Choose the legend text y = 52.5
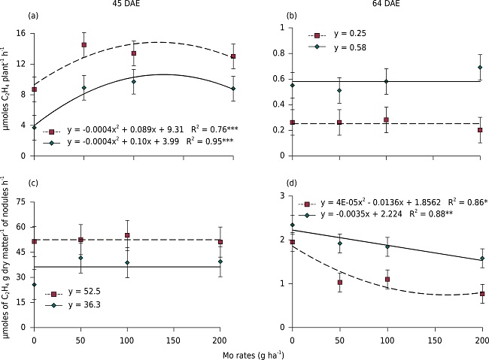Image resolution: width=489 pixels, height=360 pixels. point(83,294)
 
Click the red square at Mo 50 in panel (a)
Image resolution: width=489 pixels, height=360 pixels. point(84,44)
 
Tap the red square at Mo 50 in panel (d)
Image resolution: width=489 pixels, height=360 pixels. point(340,283)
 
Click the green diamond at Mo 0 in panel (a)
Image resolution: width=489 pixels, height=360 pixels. point(34,127)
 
